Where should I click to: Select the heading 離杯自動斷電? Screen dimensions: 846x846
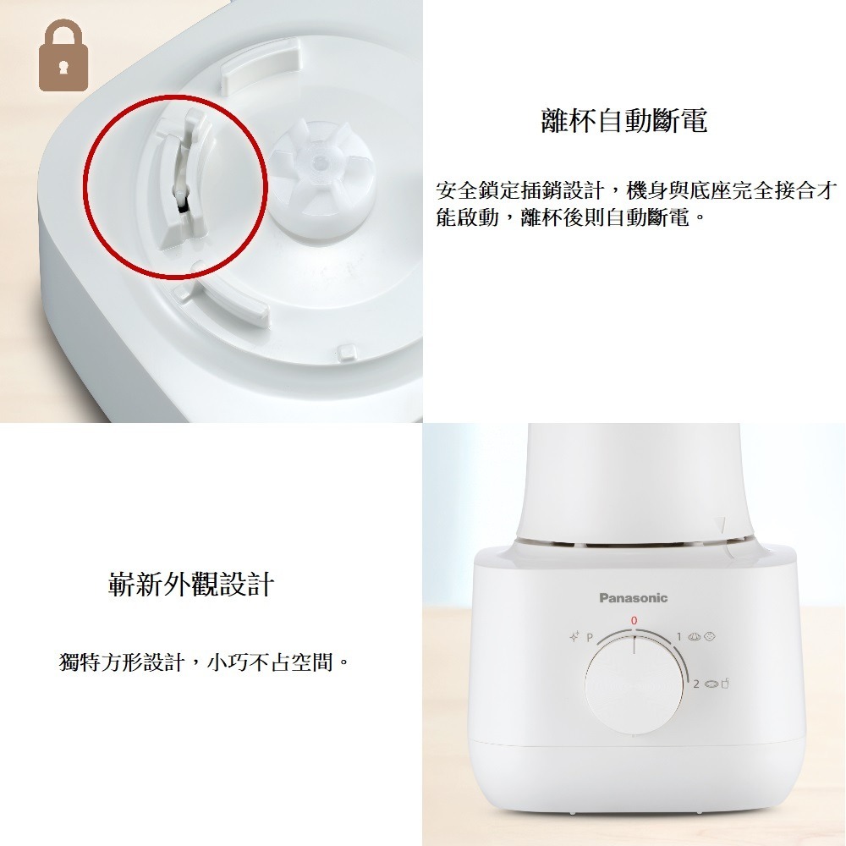click(624, 121)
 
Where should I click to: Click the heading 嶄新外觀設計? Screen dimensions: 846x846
click(191, 584)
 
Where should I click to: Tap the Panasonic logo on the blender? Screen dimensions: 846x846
click(634, 598)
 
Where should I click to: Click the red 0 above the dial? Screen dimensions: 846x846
click(634, 622)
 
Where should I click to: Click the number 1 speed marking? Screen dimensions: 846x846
click(679, 635)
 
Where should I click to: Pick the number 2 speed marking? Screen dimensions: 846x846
click(696, 683)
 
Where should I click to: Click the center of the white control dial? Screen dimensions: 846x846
click(634, 685)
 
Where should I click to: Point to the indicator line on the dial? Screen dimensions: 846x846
click(634, 647)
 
